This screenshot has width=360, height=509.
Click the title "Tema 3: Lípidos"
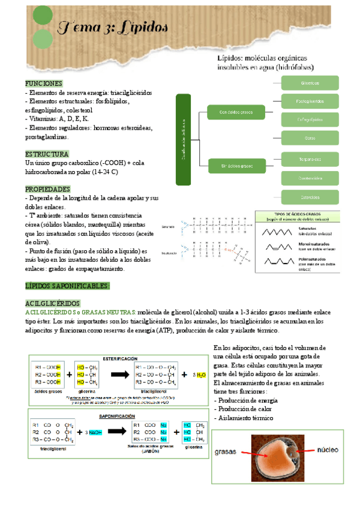pyautogui.click(x=113, y=28)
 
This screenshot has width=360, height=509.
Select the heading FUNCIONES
pyautogui.click(x=44, y=83)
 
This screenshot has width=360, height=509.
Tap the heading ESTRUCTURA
pyautogui.click(x=47, y=154)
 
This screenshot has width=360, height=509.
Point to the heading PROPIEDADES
pyautogui.click(x=49, y=188)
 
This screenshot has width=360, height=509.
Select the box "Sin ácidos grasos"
pyautogui.click(x=236, y=164)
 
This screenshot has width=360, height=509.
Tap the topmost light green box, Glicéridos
pyautogui.click(x=310, y=83)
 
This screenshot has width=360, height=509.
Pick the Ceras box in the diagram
pyautogui.click(x=310, y=139)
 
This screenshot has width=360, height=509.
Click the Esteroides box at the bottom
pyautogui.click(x=310, y=196)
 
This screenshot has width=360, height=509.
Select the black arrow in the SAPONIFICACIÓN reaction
pyautogui.click(x=113, y=431)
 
